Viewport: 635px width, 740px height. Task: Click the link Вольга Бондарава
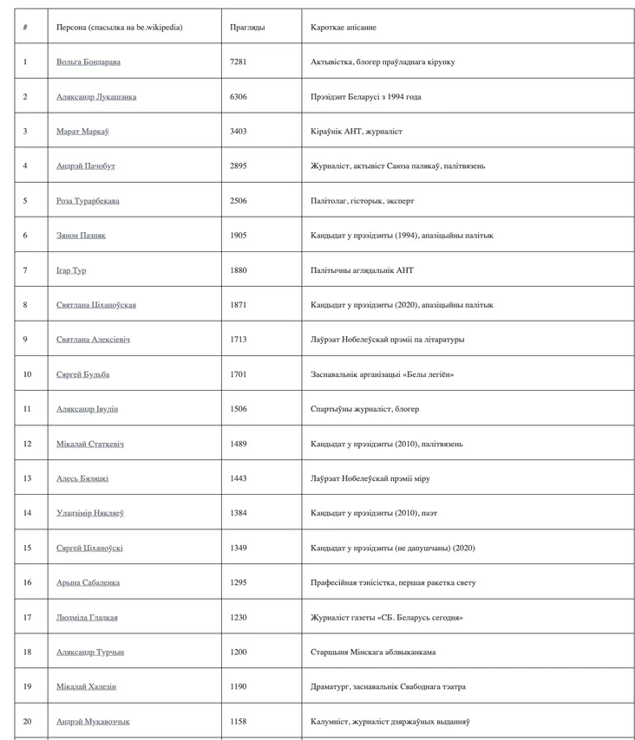(88, 62)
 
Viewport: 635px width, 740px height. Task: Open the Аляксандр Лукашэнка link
(95, 97)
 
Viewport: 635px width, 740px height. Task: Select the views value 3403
(239, 132)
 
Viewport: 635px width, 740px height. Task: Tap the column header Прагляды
(247, 27)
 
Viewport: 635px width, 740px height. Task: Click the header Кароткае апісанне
(344, 27)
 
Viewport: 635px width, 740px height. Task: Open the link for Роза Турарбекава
(88, 201)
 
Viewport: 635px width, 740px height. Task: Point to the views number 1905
(239, 236)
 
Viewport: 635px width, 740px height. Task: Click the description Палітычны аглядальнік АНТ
(362, 270)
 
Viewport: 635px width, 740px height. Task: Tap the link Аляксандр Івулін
(87, 409)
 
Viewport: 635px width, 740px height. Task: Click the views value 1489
(239, 444)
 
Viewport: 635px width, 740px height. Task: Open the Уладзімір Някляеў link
(89, 513)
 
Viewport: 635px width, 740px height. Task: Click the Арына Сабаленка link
(88, 582)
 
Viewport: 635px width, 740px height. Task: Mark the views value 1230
(239, 617)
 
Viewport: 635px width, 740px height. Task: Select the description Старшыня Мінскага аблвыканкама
(373, 652)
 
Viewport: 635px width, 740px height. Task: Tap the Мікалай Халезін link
(86, 686)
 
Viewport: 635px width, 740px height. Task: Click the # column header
(25, 27)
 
